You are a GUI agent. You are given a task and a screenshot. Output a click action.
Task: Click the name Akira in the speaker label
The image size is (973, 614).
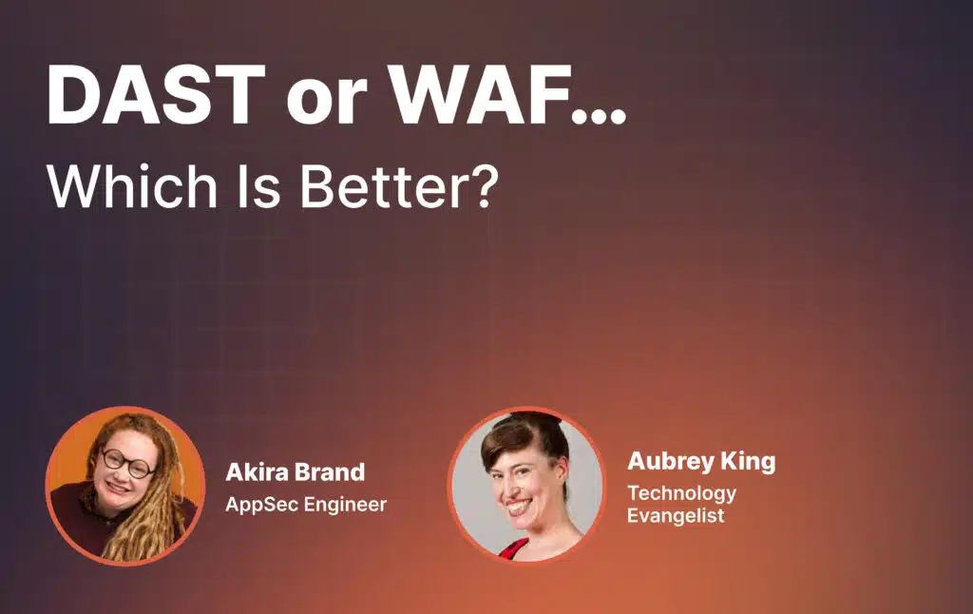coord(255,471)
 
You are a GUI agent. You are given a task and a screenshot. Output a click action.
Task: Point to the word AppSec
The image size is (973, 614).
coord(261,505)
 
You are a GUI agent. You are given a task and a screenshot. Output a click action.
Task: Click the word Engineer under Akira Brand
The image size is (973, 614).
coord(345,505)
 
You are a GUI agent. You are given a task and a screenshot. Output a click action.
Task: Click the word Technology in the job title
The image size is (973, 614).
coord(681,493)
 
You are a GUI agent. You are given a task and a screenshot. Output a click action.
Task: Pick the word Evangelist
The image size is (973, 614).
coord(676,515)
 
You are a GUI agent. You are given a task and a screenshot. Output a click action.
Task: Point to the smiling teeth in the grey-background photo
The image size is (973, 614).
coord(519,508)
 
